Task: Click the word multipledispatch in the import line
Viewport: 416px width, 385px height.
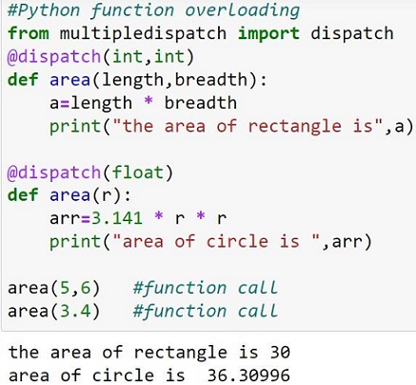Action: click(x=143, y=33)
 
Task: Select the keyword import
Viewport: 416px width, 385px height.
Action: click(x=268, y=33)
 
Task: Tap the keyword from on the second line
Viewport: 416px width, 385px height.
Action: click(x=29, y=33)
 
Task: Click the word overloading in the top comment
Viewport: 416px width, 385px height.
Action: click(x=242, y=10)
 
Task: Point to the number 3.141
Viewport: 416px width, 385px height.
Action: click(x=117, y=218)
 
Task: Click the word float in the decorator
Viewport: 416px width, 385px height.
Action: click(x=138, y=172)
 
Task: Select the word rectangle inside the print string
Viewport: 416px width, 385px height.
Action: click(x=294, y=127)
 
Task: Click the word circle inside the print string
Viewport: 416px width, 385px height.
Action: click(x=237, y=241)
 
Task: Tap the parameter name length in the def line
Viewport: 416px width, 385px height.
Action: click(x=132, y=80)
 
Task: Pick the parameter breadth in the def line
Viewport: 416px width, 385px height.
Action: click(x=210, y=80)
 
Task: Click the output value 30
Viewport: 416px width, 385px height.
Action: click(x=280, y=353)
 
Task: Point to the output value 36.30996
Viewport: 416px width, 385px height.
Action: click(x=248, y=375)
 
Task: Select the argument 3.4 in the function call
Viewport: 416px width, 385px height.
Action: click(x=75, y=311)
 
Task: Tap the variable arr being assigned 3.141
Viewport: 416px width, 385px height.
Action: click(x=65, y=219)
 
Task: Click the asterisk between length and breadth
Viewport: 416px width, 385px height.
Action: click(x=149, y=101)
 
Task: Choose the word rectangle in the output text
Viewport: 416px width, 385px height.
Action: click(x=180, y=353)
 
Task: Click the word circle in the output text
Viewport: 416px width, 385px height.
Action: click(x=123, y=375)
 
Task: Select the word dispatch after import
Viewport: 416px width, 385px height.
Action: click(x=352, y=33)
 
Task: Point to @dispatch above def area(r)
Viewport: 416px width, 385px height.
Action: click(x=54, y=172)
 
